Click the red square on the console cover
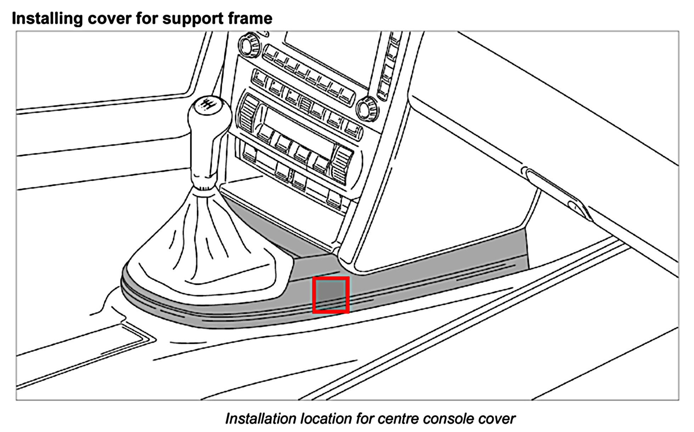point(331,295)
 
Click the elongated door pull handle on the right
point(556,191)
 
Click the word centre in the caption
point(396,419)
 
